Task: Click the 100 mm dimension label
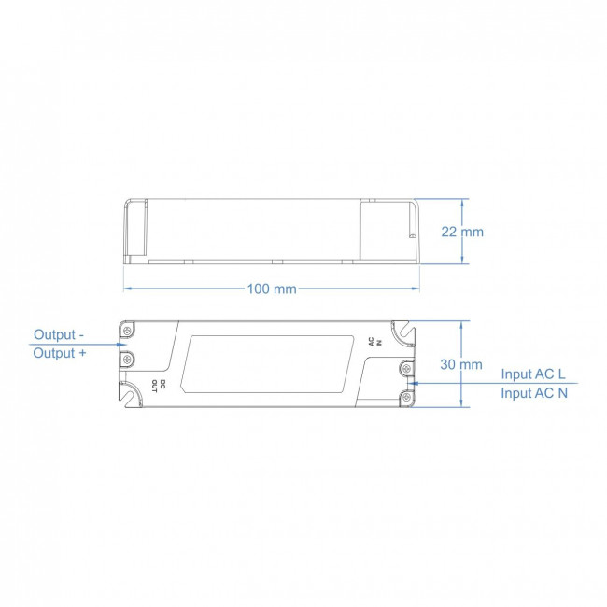point(272,289)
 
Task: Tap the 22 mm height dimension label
point(462,232)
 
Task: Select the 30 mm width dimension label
point(461,364)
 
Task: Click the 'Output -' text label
point(59,334)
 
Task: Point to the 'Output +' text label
point(59,353)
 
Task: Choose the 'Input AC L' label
point(533,374)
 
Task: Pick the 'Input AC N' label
point(533,393)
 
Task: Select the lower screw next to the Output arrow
point(128,359)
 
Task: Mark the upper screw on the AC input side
point(408,369)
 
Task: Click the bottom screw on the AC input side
point(408,398)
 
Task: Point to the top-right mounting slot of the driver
point(405,329)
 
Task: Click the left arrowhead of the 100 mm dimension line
point(127,289)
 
